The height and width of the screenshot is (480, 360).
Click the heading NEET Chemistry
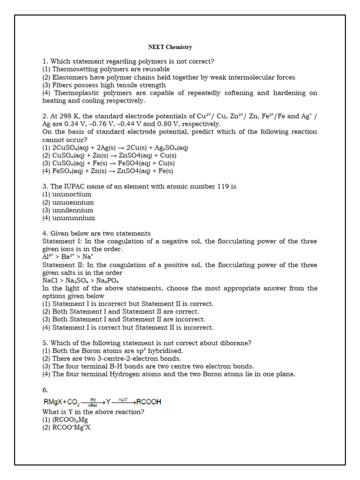pos(170,47)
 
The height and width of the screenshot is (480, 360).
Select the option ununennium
pos(73,202)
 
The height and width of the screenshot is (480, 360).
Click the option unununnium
pos(73,218)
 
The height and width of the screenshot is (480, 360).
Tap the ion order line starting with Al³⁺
pos(68,257)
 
